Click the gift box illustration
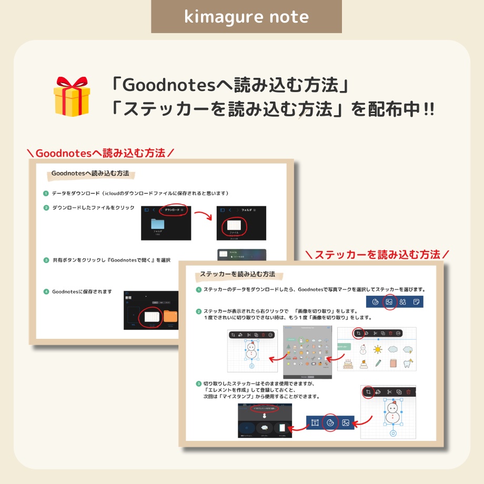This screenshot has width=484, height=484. click(x=72, y=96)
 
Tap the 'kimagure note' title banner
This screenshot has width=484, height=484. click(x=246, y=17)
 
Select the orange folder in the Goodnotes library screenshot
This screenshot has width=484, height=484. click(x=171, y=316)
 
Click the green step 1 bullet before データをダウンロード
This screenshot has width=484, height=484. click(x=46, y=193)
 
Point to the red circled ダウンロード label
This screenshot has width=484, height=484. click(x=174, y=209)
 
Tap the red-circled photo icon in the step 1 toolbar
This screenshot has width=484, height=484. click(x=389, y=302)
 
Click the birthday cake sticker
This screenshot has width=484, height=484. click(x=348, y=363)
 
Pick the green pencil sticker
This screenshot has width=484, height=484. click(x=378, y=363)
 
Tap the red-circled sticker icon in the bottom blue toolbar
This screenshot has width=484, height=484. click(x=330, y=422)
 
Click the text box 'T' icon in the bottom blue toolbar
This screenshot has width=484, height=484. click(x=315, y=422)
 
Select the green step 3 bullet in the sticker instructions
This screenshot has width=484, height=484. click(x=199, y=383)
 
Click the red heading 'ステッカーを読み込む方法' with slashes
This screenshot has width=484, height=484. click(x=377, y=255)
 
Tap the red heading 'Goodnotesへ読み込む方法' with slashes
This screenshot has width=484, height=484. click(x=100, y=153)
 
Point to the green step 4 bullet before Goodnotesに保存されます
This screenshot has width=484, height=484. click(x=46, y=291)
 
